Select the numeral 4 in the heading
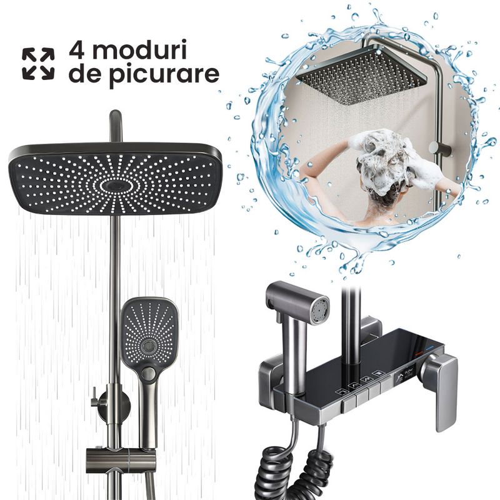click(x=77, y=50)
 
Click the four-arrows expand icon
click(x=38, y=64)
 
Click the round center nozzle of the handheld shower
click(x=147, y=346)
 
